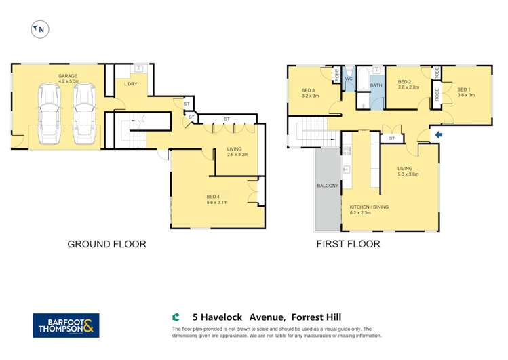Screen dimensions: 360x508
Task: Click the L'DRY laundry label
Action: coord(130,85)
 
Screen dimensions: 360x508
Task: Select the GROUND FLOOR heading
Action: coord(106,244)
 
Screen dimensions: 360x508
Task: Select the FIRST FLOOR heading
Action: coord(347,244)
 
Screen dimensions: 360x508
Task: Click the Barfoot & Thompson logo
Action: coord(66,325)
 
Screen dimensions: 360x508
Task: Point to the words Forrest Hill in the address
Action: coord(317,316)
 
